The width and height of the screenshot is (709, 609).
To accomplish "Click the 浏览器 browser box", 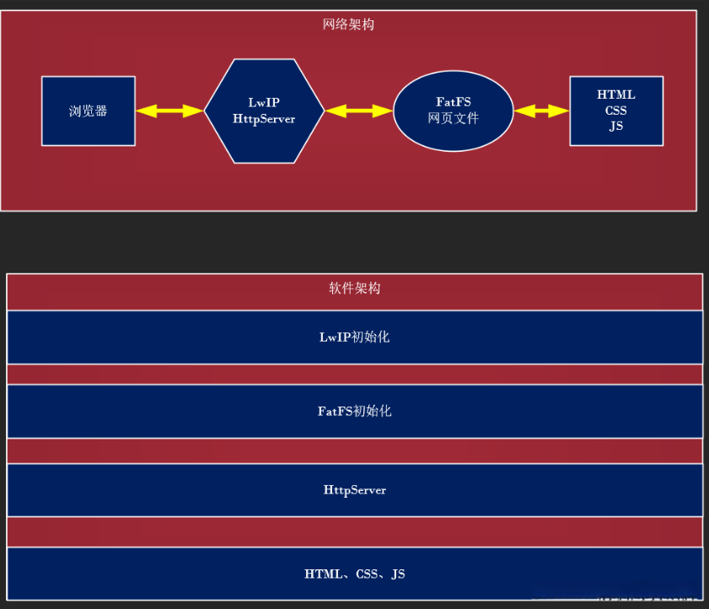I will (88, 110).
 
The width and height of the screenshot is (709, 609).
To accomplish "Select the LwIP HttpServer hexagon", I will (264, 110).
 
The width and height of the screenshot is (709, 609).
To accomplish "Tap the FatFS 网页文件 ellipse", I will (453, 110).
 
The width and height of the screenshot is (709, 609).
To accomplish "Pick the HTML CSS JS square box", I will (616, 110).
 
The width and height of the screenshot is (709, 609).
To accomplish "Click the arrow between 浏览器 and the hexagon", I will (169, 110).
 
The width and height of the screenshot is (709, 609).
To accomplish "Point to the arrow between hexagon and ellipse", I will (358, 110).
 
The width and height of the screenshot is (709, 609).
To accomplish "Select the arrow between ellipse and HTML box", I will (541, 110).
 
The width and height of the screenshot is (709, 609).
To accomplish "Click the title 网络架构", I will (348, 24).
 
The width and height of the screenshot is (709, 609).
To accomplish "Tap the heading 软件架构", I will (354, 288).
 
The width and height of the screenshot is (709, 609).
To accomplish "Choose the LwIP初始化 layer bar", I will (354, 337).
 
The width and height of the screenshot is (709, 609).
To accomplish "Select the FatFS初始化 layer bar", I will (354, 412).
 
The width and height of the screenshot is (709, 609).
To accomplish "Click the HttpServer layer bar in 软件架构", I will (354, 490).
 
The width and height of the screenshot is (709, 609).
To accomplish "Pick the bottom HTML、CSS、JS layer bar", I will (354, 574).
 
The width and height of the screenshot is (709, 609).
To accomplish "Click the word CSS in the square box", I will (616, 110).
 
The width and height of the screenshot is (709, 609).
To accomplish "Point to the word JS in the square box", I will (616, 127).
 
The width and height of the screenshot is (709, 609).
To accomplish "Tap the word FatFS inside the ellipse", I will (454, 102).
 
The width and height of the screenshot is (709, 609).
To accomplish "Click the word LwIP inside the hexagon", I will (264, 102).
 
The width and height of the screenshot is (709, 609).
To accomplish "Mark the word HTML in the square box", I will (616, 94).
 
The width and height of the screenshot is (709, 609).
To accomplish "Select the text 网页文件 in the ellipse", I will (454, 119).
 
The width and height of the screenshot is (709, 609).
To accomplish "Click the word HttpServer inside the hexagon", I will (264, 119).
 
